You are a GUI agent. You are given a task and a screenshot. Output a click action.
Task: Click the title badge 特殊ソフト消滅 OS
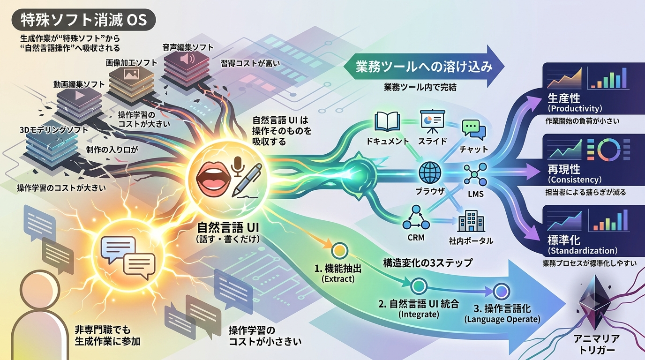(x=83, y=20)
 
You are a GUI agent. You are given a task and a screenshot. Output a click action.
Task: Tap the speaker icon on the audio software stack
(x=187, y=60)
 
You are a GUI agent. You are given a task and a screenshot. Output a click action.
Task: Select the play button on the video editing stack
(x=79, y=95)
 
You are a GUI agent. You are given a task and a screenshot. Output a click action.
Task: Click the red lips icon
(x=213, y=178)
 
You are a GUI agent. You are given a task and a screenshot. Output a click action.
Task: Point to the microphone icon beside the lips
(x=238, y=167)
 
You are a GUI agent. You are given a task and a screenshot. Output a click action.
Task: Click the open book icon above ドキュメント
(x=387, y=122)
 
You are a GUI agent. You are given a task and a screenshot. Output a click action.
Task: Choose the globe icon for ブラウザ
(x=430, y=172)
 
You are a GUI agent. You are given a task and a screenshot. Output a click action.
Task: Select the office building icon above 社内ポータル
(x=471, y=221)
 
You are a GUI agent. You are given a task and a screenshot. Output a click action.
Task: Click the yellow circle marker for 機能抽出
(x=339, y=251)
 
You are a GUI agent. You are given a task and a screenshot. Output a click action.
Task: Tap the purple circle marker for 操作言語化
(x=501, y=292)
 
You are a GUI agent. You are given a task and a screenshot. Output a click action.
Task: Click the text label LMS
(x=476, y=194)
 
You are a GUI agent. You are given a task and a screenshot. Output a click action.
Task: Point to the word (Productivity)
(x=575, y=108)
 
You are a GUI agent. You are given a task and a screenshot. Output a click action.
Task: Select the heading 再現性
(x=564, y=169)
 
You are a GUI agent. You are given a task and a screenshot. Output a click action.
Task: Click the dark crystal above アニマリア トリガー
(x=594, y=302)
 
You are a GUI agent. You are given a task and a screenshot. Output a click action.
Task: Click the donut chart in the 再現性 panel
(x=609, y=150)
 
